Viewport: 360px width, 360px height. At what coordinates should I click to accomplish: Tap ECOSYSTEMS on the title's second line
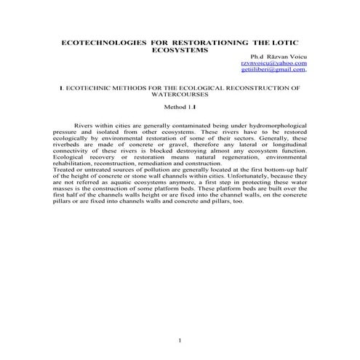[180, 52]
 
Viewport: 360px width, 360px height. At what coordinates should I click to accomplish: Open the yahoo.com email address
[276, 64]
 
